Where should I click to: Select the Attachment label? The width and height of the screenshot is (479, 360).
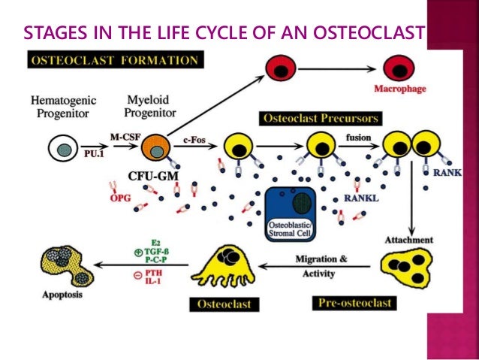click(409, 240)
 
